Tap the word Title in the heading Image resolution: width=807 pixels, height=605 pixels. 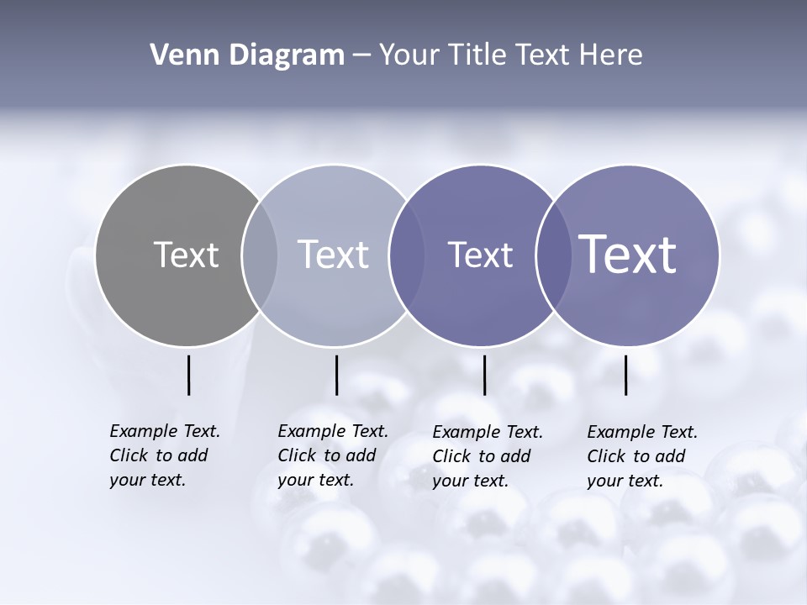click(477, 55)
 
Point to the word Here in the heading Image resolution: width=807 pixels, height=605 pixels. click(611, 55)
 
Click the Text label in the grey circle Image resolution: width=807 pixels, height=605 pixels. click(186, 255)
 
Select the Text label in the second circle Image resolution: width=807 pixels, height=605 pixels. click(333, 255)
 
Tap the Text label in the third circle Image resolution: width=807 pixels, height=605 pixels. click(480, 255)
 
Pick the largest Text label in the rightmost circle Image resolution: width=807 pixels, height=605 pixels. click(628, 254)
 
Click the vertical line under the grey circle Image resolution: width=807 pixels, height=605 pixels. click(188, 375)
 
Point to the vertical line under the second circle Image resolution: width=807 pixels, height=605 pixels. click(336, 375)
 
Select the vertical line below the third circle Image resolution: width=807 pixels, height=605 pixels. click(484, 375)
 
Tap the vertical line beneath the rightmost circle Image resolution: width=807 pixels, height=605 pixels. click(625, 375)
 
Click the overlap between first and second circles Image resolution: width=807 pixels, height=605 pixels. click(260, 255)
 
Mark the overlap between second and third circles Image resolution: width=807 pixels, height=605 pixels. click(407, 255)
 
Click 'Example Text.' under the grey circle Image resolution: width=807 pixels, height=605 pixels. click(165, 431)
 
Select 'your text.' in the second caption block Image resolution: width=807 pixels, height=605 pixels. click(315, 481)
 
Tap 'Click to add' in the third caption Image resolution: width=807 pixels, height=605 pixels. click(482, 456)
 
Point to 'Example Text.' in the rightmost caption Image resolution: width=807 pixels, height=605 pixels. click(642, 432)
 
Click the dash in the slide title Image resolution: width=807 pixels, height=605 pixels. click(361, 55)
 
